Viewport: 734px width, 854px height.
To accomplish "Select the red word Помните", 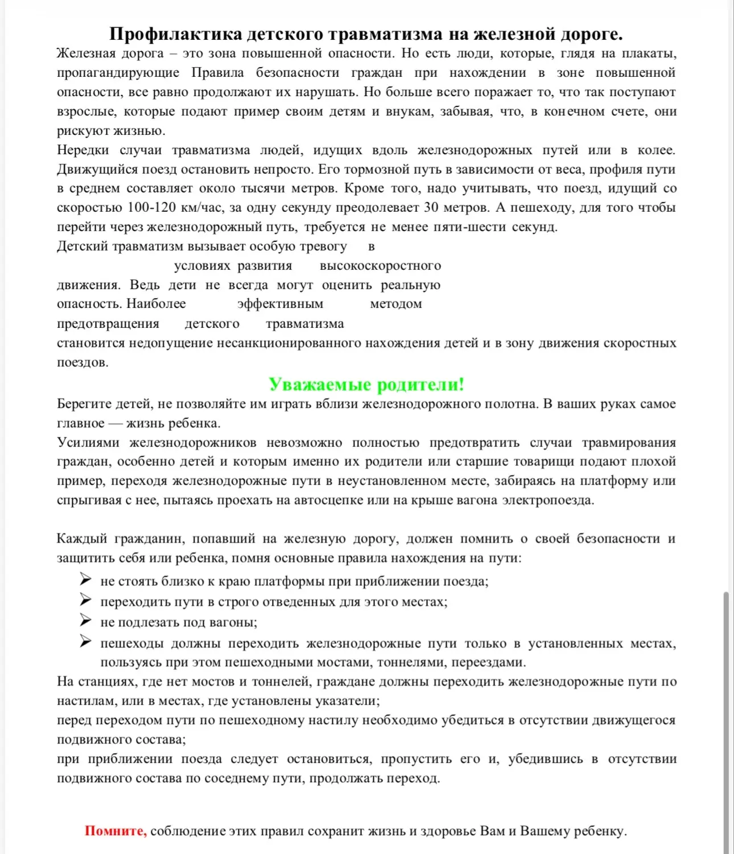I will click(116, 831).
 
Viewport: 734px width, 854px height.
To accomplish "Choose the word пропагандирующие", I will click(118, 73).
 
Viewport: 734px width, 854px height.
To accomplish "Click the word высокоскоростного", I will click(380, 266).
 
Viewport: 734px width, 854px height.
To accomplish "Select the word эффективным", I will click(280, 304).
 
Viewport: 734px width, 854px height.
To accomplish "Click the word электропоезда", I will click(548, 500).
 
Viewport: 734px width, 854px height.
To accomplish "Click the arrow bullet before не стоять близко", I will click(85, 580).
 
